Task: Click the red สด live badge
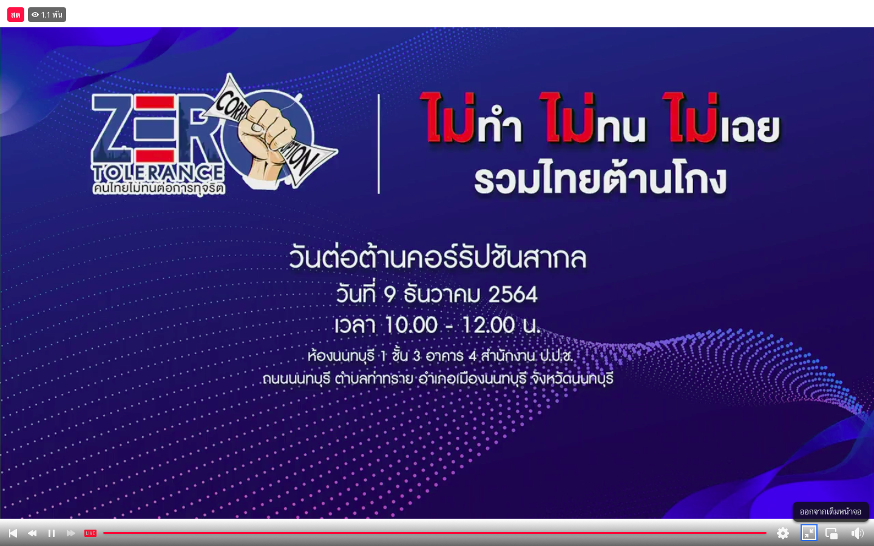16,15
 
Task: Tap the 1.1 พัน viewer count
47,15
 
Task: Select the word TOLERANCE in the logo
158,173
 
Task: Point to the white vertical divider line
379,144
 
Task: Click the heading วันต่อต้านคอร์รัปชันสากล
438,258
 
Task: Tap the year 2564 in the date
513,294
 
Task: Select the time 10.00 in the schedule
412,325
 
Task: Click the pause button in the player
52,533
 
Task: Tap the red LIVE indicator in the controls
90,533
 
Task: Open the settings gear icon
783,533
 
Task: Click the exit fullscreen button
809,533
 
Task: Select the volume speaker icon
857,533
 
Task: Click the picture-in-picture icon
832,533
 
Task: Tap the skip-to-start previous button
13,533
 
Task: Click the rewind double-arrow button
32,533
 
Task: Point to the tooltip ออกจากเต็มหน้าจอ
830,511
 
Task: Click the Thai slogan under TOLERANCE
159,188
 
